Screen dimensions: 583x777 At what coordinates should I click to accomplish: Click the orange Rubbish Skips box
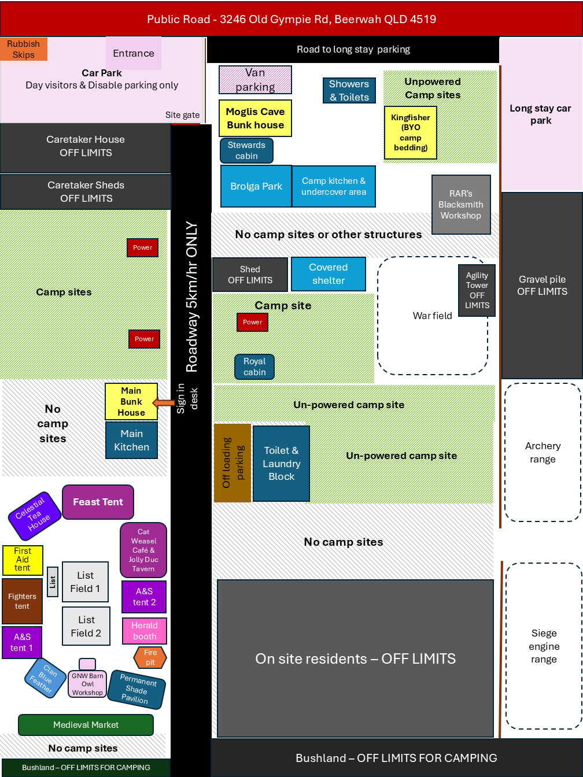click(23, 49)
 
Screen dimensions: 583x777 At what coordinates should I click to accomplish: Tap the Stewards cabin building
click(246, 150)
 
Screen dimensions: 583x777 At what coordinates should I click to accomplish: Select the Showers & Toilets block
click(349, 90)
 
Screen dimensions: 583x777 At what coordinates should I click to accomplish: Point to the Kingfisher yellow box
click(410, 132)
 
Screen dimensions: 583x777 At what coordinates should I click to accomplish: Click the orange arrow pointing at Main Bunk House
click(164, 403)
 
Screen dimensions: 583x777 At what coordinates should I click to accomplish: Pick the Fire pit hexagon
click(150, 657)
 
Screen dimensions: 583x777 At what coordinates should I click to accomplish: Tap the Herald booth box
click(145, 631)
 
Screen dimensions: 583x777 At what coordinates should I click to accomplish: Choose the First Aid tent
click(23, 560)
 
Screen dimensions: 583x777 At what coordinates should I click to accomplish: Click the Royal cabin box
click(254, 367)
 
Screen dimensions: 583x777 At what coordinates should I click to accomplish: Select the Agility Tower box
click(477, 290)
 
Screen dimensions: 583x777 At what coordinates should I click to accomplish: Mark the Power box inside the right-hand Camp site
click(252, 322)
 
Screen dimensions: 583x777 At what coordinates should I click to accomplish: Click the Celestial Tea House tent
click(35, 516)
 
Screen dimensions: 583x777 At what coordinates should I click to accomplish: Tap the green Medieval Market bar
click(86, 724)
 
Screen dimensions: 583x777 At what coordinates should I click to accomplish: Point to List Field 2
click(86, 626)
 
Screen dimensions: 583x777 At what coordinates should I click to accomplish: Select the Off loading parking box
click(233, 462)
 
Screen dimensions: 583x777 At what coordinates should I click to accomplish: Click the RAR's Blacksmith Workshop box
click(461, 205)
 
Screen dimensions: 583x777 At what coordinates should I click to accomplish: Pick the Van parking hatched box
click(255, 80)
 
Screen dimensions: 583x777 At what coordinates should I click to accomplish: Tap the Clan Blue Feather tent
click(45, 678)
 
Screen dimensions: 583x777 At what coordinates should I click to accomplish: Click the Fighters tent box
click(23, 601)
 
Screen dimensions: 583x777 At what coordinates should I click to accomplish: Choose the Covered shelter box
click(328, 274)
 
